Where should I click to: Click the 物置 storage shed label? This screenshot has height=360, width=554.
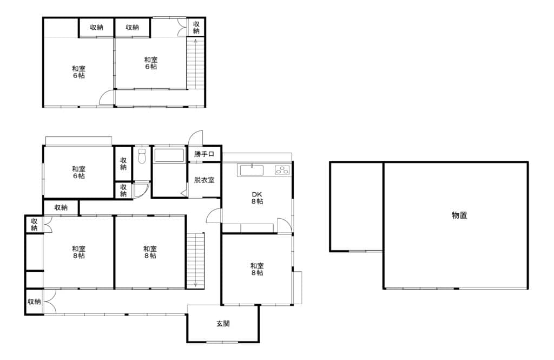click(x=459, y=215)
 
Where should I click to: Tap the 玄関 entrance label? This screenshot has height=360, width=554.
click(x=223, y=324)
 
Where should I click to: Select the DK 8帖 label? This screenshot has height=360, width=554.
click(x=257, y=198)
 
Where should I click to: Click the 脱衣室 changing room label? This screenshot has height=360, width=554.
click(x=204, y=180)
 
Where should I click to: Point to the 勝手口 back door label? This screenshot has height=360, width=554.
click(x=204, y=154)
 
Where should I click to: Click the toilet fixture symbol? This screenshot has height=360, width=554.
click(x=142, y=156)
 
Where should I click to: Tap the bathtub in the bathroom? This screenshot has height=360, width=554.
click(x=169, y=155)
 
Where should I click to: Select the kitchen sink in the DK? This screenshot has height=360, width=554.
click(x=252, y=170)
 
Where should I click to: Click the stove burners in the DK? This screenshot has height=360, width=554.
click(x=282, y=170)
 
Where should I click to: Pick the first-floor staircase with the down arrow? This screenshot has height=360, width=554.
click(x=195, y=261)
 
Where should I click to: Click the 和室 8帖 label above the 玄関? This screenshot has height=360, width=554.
click(x=257, y=269)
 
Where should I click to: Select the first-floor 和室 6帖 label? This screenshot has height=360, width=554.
click(x=79, y=172)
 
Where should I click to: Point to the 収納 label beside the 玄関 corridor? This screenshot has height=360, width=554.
click(x=34, y=302)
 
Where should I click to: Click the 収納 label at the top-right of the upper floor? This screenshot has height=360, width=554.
click(x=196, y=27)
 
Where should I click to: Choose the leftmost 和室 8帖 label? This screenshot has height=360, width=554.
click(x=79, y=252)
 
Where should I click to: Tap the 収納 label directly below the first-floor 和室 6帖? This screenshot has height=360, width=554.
click(x=61, y=207)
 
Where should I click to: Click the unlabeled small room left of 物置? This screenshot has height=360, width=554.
click(x=357, y=206)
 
